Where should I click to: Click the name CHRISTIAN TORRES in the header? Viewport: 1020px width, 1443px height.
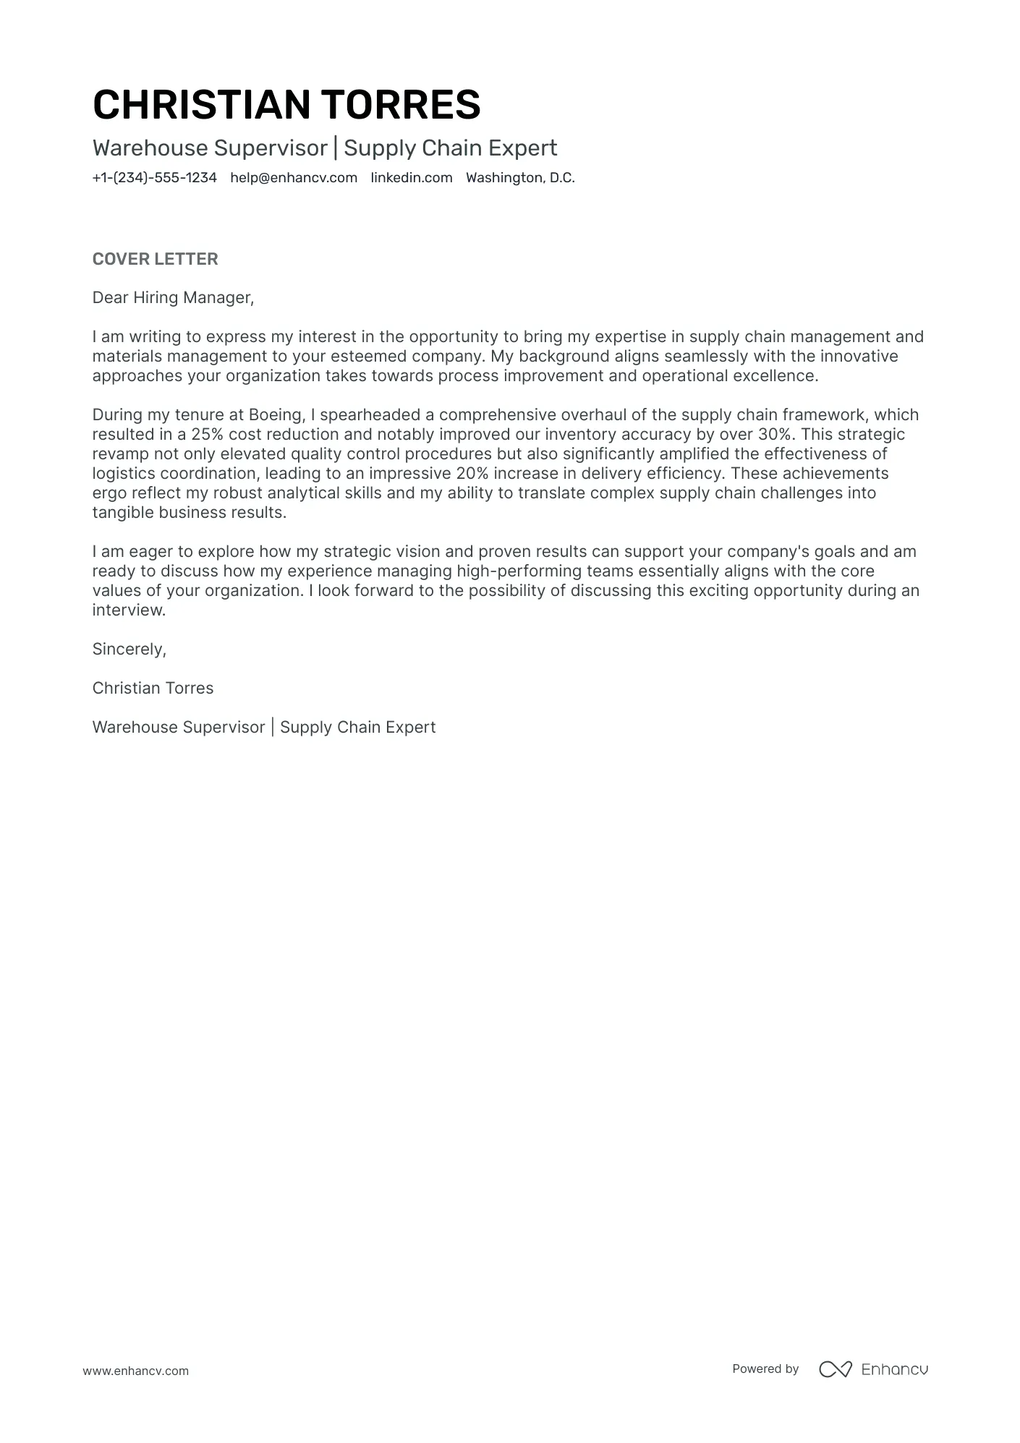pyautogui.click(x=286, y=104)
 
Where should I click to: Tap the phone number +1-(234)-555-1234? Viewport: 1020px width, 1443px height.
pyautogui.click(x=154, y=178)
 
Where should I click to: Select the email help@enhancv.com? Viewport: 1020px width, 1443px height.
pyautogui.click(x=294, y=178)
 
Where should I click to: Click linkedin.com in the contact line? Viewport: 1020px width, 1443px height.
pyautogui.click(x=412, y=178)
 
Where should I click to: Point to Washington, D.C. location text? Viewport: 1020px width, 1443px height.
pyautogui.click(x=520, y=178)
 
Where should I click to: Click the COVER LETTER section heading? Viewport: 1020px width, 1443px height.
pyautogui.click(x=155, y=259)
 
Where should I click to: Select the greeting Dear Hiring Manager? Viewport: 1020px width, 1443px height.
pyautogui.click(x=173, y=297)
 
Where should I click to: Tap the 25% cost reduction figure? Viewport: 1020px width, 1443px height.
pyautogui.click(x=207, y=435)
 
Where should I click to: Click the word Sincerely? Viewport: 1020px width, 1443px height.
pyautogui.click(x=129, y=650)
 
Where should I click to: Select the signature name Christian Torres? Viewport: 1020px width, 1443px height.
pyautogui.click(x=153, y=689)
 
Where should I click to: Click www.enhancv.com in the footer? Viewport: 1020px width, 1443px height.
pyautogui.click(x=135, y=1371)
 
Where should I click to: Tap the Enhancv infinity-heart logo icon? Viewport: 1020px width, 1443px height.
pyautogui.click(x=835, y=1369)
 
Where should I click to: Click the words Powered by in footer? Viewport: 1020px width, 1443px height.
pyautogui.click(x=765, y=1368)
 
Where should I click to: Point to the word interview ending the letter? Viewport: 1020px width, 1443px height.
pyautogui.click(x=127, y=610)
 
